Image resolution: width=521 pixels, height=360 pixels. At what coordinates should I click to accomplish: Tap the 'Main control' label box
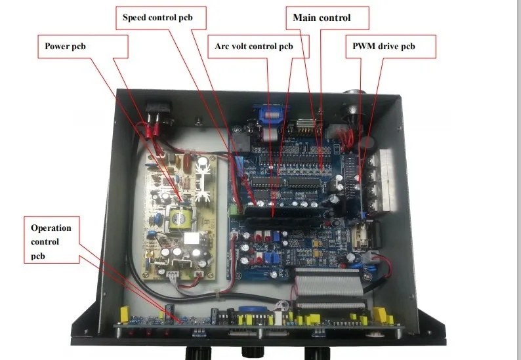point(322,18)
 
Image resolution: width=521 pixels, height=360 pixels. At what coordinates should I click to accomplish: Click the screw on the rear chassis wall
point(197,121)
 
